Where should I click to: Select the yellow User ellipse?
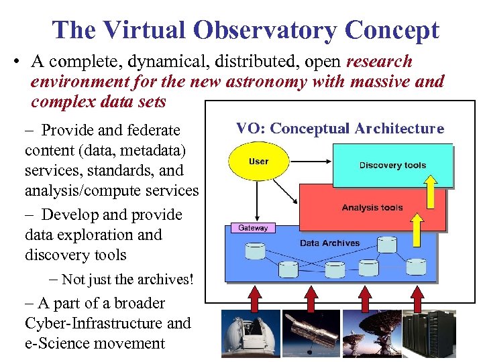click(258, 162)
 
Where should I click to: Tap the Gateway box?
click(253, 228)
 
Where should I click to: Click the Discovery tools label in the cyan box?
click(392, 166)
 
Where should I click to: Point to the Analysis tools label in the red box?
click(372, 208)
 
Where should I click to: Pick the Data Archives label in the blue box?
click(329, 243)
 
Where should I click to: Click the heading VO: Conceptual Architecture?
click(340, 128)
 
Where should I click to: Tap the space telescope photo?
click(311, 333)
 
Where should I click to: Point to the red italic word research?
click(379, 62)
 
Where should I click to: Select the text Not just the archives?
click(131, 279)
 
